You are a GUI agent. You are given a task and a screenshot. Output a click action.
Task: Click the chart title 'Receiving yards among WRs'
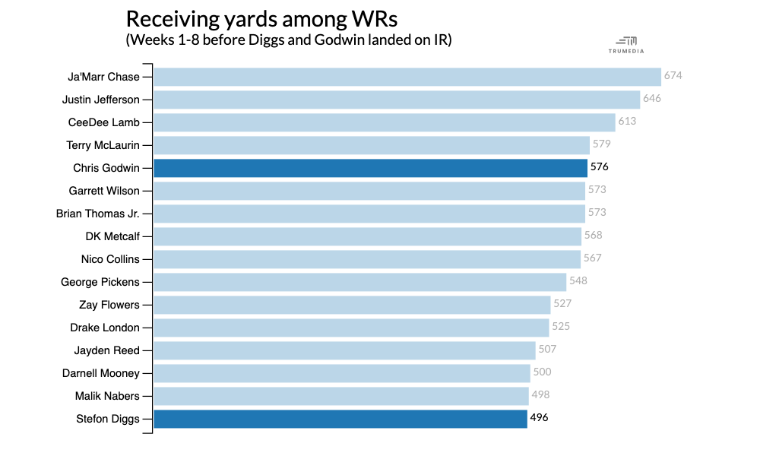point(261,19)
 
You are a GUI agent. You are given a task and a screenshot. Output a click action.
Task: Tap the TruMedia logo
point(627,45)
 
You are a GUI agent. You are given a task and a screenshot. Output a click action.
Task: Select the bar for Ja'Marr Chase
point(407,77)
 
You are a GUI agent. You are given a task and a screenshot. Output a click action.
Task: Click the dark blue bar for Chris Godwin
point(370,168)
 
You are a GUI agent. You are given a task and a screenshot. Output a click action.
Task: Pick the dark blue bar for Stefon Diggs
point(340,419)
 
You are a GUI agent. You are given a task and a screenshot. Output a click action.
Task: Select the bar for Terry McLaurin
point(371,145)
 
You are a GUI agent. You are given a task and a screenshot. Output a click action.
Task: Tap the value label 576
point(600,167)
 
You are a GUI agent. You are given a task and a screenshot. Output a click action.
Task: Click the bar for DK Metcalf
point(367,236)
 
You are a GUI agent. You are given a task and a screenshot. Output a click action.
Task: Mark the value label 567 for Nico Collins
point(592,258)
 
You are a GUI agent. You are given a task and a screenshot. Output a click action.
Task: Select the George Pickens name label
point(100,282)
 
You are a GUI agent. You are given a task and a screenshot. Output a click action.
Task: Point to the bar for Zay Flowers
point(352,305)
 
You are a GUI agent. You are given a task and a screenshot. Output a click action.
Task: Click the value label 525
point(561,327)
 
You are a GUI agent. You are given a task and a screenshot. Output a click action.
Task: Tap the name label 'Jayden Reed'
point(107,350)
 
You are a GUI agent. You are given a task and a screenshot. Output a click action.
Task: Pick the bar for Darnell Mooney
point(341,373)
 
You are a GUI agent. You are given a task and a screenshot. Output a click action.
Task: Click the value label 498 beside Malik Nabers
point(540,395)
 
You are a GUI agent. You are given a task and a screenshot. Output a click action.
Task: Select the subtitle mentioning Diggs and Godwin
point(288,40)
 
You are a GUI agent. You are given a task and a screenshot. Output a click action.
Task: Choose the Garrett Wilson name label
point(104,191)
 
